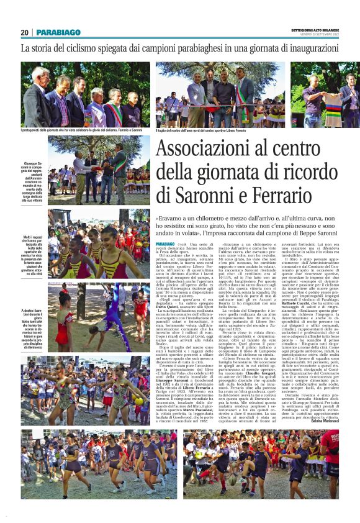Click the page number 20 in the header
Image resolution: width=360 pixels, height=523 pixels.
(x=24, y=32)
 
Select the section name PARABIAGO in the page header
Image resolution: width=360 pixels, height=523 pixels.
(x=58, y=32)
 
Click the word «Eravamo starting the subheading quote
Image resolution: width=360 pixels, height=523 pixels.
(x=171, y=219)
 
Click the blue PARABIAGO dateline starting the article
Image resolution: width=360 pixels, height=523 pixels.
(x=165, y=245)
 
